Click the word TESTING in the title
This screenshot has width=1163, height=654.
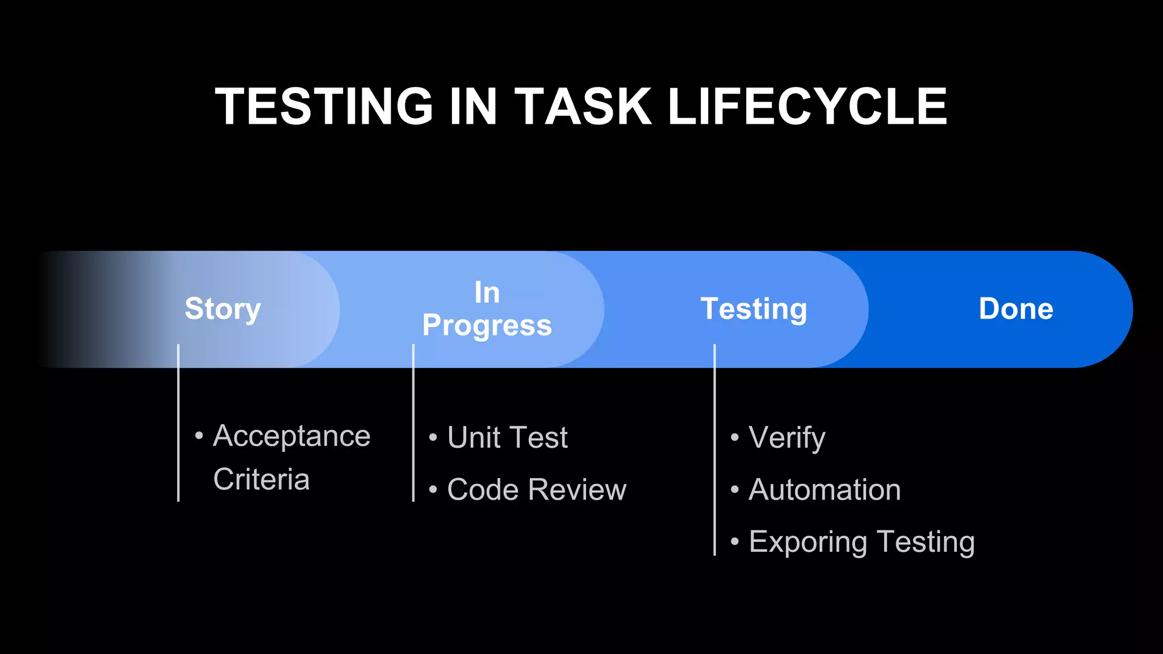point(324,106)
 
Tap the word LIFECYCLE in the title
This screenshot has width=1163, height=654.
point(807,106)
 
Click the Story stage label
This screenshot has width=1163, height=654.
point(223,309)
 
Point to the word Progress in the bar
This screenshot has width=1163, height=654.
point(487,326)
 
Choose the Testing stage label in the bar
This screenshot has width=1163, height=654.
point(754,309)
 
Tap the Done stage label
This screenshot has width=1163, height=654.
point(1015,309)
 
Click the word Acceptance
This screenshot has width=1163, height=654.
point(291,437)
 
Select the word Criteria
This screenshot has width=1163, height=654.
point(261,479)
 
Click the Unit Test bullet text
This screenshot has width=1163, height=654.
point(507,438)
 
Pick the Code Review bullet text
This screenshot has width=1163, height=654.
point(536,489)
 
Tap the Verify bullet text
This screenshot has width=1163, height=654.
point(787,438)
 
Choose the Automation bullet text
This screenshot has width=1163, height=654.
point(824,489)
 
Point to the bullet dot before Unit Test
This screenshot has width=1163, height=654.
point(433,438)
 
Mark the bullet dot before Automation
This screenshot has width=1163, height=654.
point(735,489)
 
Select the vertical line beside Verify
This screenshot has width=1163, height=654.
point(714,448)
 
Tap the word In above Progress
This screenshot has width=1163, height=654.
point(487,293)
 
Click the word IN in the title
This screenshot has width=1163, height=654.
point(473,106)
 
